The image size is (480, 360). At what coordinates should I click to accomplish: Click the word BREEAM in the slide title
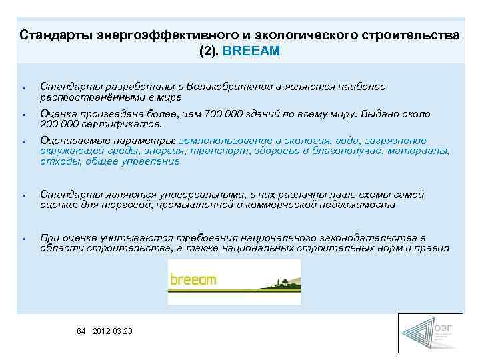coord(257,50)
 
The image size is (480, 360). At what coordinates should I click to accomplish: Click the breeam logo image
coord(234,281)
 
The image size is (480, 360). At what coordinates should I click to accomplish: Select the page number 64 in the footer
coord(82,331)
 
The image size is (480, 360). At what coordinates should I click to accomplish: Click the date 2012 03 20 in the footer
coord(113,331)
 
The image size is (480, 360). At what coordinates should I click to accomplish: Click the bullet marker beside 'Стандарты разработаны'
coord(23,87)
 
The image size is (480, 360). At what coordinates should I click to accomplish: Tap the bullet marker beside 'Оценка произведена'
coord(23,115)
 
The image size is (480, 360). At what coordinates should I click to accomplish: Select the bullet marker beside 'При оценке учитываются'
coord(23,239)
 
